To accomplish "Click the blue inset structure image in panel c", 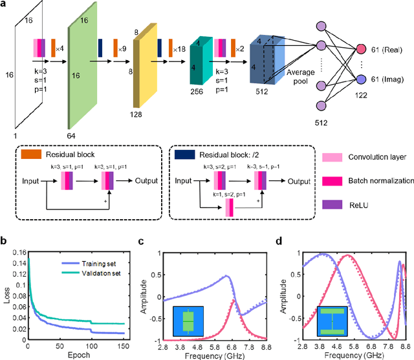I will (188, 321).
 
